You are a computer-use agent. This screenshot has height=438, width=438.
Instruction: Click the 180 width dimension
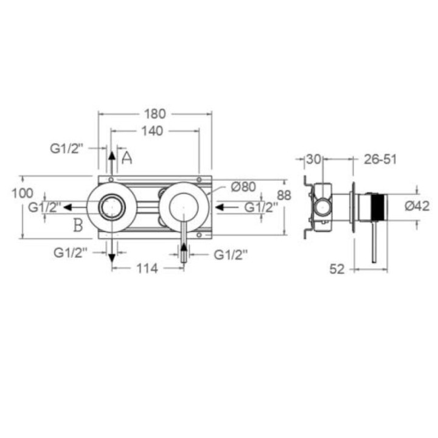155,114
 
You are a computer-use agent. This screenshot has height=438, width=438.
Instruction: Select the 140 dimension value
152,131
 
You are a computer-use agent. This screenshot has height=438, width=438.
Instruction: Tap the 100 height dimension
23,193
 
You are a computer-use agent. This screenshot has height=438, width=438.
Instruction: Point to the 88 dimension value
284,195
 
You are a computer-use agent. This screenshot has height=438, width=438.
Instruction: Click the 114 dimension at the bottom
147,269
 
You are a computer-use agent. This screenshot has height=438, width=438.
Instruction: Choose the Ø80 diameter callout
243,187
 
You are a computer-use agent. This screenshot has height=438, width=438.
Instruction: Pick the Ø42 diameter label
417,206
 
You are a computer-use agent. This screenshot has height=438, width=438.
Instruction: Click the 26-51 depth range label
380,159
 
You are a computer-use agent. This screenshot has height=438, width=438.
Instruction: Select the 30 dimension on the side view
313,159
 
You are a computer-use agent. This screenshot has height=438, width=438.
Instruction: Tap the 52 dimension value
337,269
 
